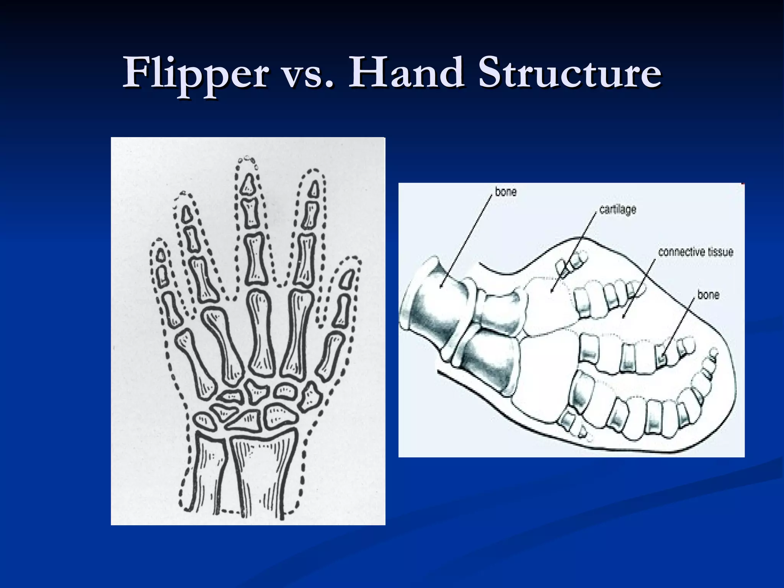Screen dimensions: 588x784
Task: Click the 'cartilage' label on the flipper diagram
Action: pos(617,210)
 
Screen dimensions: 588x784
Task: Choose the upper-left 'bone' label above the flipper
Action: pos(506,191)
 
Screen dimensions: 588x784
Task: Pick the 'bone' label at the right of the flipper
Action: pos(708,295)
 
